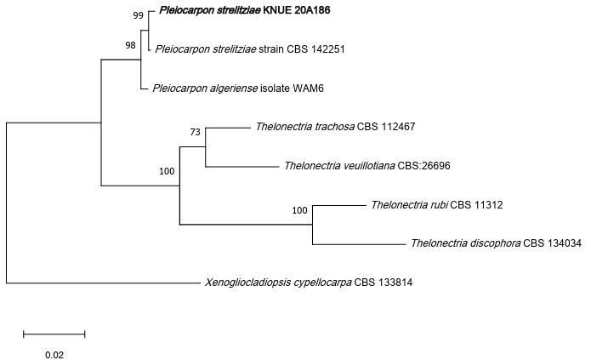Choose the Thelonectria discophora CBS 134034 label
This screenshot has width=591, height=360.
click(496, 243)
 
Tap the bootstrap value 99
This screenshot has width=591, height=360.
click(138, 15)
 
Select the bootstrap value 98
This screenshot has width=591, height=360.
click(130, 45)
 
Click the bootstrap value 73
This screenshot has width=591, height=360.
click(195, 132)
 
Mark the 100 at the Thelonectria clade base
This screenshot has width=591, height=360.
click(167, 171)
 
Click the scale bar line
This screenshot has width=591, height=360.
click(54, 333)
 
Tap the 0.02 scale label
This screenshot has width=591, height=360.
click(54, 352)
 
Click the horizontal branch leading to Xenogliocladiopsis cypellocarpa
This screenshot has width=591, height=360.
click(102, 282)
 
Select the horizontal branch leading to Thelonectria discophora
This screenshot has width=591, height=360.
click(357, 244)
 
